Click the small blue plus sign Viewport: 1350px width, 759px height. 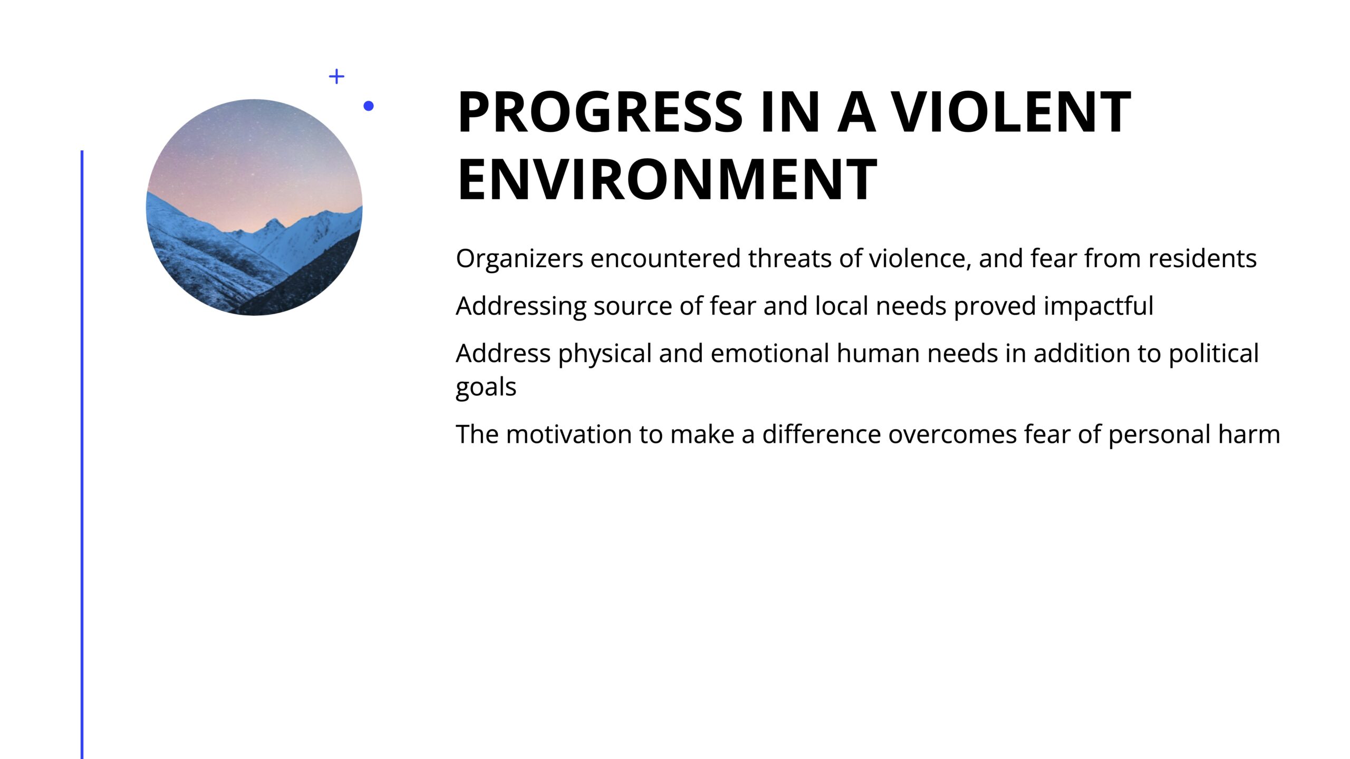point(336,76)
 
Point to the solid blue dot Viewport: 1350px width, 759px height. point(369,106)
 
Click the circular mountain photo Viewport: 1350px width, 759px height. point(254,207)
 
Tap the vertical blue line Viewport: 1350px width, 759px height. point(82,454)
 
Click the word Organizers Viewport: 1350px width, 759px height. point(519,259)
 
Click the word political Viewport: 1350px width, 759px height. point(1214,354)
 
